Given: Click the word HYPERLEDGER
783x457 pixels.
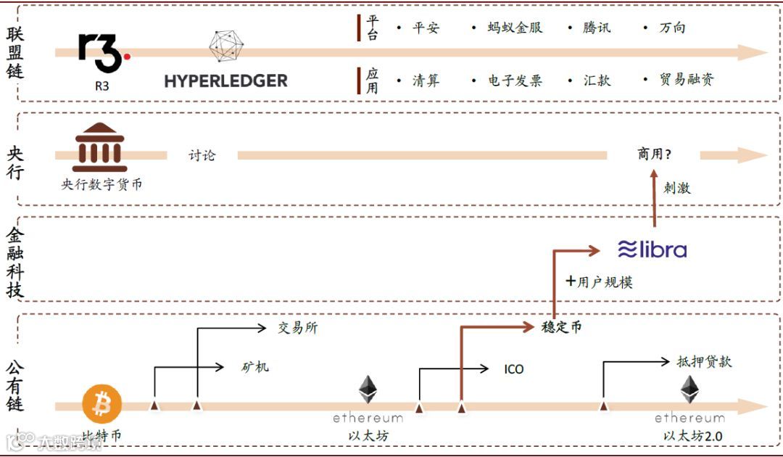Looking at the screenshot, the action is (225, 81).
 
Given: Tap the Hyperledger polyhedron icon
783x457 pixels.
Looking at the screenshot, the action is (226, 45).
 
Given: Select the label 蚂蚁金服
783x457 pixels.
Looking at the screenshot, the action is (515, 28).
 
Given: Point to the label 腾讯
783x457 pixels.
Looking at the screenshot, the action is (597, 28).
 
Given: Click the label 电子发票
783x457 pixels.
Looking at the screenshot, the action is (515, 81).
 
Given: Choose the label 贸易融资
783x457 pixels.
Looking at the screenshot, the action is (686, 80).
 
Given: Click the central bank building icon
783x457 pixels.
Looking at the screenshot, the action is (99, 147).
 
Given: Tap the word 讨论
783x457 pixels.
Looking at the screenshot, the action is (202, 155).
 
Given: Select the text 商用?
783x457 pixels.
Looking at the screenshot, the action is (654, 155).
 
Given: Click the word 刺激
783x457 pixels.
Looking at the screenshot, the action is (676, 188).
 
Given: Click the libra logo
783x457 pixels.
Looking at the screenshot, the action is (652, 250).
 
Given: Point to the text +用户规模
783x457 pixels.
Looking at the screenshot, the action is (599, 281).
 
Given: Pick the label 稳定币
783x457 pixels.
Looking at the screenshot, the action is (562, 327).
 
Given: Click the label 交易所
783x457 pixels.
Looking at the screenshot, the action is (297, 328).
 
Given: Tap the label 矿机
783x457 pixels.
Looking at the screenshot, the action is (254, 367).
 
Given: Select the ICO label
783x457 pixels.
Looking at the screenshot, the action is (513, 369).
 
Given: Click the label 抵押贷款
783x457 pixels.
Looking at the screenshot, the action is (704, 361).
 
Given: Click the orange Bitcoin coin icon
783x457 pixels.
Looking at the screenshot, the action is (102, 405).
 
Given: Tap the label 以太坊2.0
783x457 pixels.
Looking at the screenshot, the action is (692, 436).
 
